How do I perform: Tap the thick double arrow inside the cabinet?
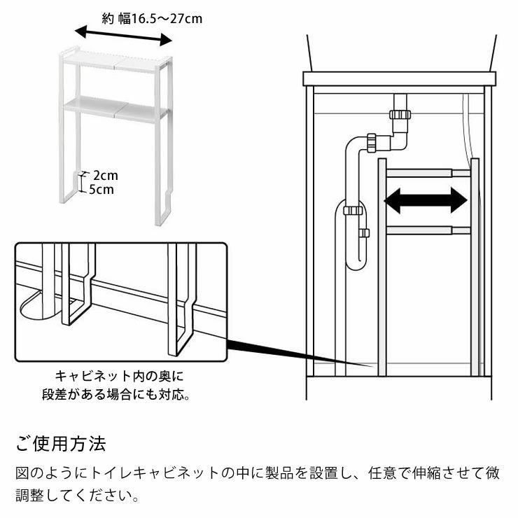click(425, 201)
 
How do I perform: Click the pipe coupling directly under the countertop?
click(400, 113)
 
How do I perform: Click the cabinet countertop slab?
click(399, 78)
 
